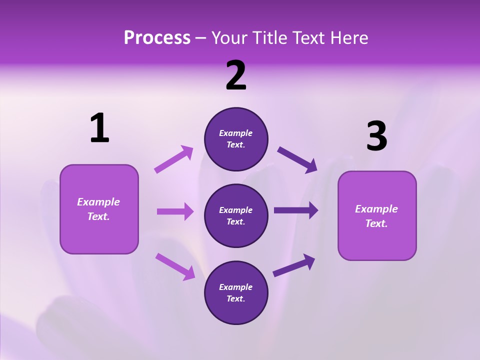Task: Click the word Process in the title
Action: pyautogui.click(x=157, y=38)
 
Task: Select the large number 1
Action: pyautogui.click(x=99, y=128)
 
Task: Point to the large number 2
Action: pyautogui.click(x=236, y=75)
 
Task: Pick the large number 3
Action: pyautogui.click(x=376, y=136)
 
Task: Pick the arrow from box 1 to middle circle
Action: pyautogui.click(x=175, y=211)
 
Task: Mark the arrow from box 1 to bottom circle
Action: pyautogui.click(x=175, y=266)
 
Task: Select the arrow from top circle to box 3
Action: pyautogui.click(x=297, y=159)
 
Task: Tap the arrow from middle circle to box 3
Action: pyautogui.click(x=296, y=210)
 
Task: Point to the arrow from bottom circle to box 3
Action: pyautogui.click(x=294, y=265)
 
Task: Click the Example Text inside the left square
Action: pyautogui.click(x=98, y=209)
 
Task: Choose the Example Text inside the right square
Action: pyautogui.click(x=376, y=216)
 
